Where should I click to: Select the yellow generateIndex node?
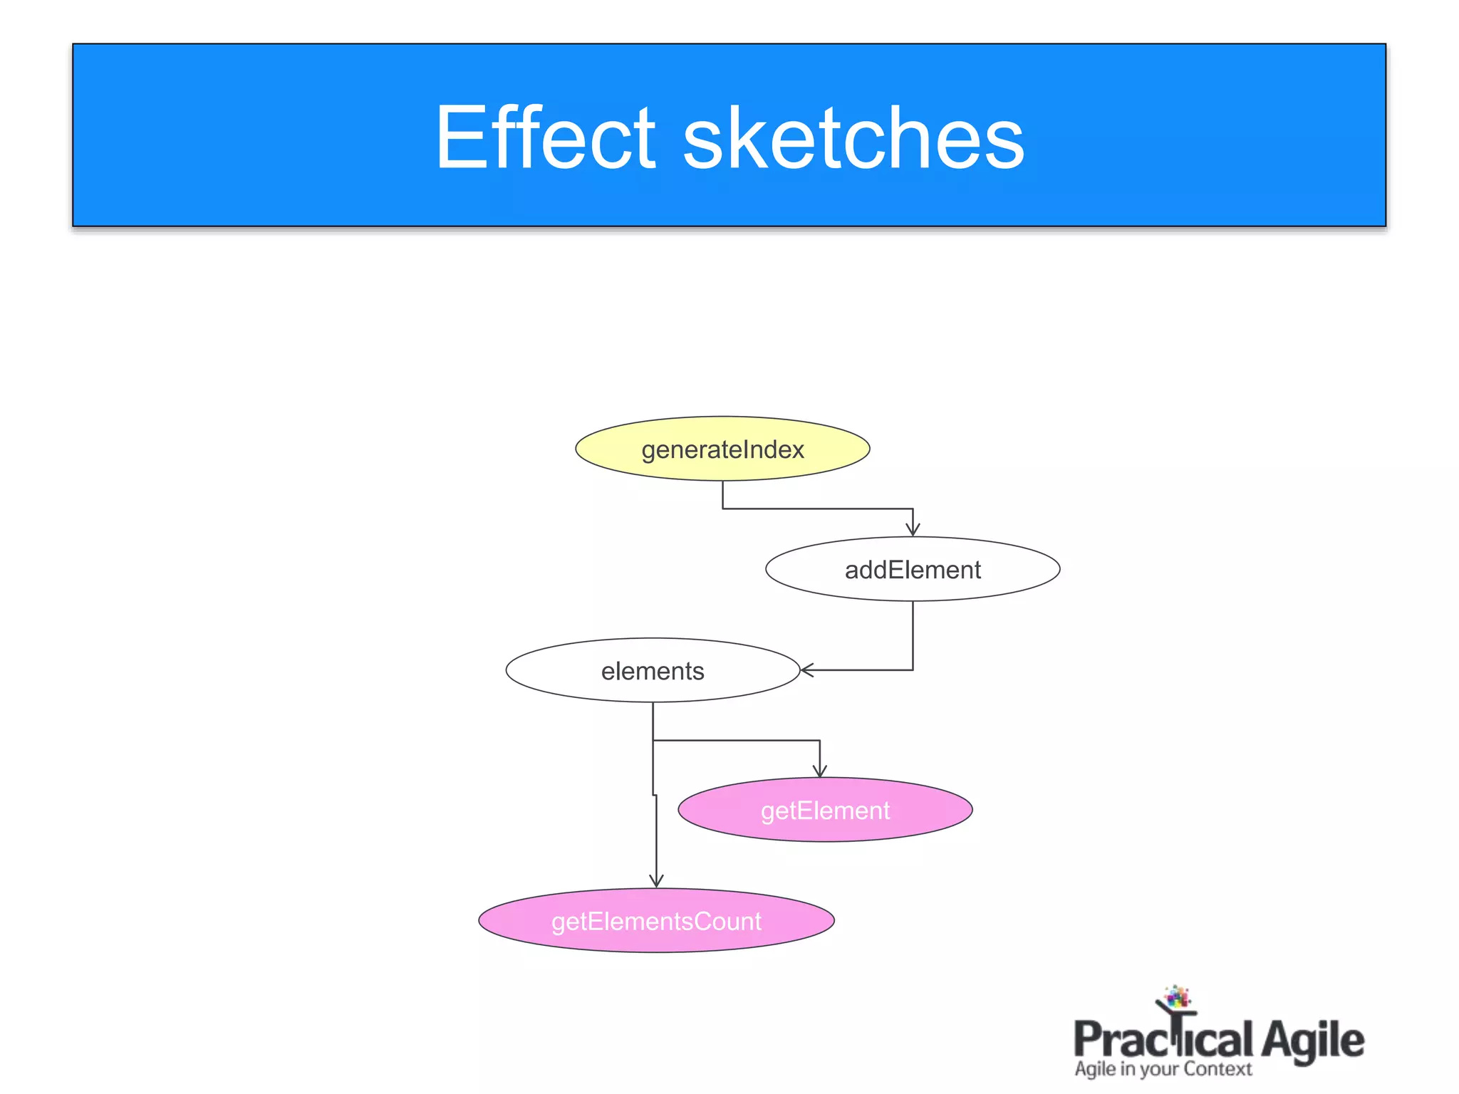coord(722,449)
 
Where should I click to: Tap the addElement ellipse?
coord(913,569)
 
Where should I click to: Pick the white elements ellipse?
coord(653,670)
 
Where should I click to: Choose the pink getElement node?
coord(825,810)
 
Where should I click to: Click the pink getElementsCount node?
coord(656,920)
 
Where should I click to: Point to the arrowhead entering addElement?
coord(913,530)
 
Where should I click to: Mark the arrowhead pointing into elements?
coord(806,670)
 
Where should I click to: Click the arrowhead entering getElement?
coord(819,771)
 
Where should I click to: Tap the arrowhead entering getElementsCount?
coord(656,881)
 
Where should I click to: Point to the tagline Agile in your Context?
coord(1163,1069)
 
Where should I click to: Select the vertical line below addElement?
coord(913,634)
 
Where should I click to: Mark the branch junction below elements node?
coord(653,741)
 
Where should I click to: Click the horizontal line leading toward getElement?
coord(737,741)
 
